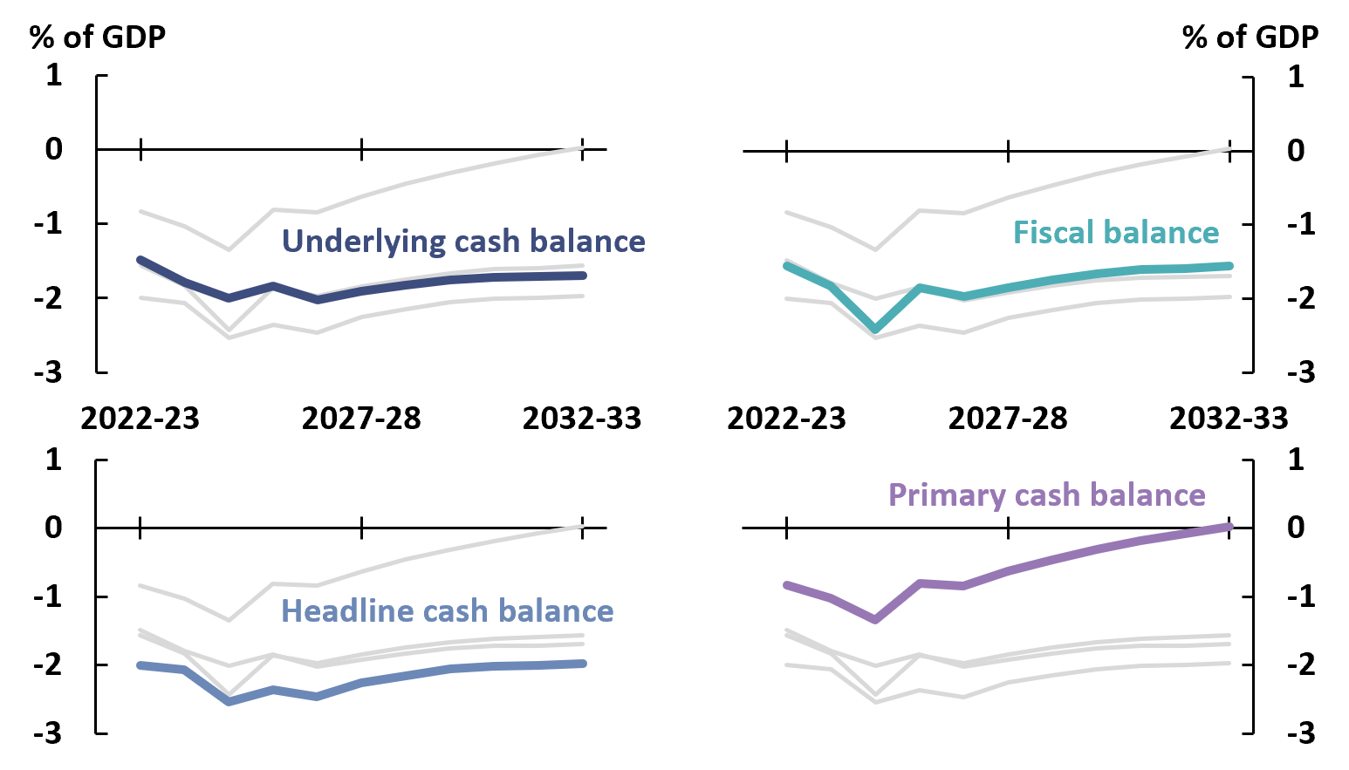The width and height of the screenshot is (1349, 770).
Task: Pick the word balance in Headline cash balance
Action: coord(558,611)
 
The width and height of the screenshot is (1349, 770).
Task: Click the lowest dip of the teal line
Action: coord(876,330)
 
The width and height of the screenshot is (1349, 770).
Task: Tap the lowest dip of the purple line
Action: coord(876,619)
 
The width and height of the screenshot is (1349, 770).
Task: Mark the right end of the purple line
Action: coord(1229,527)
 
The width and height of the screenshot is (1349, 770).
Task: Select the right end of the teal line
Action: coord(1229,266)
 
